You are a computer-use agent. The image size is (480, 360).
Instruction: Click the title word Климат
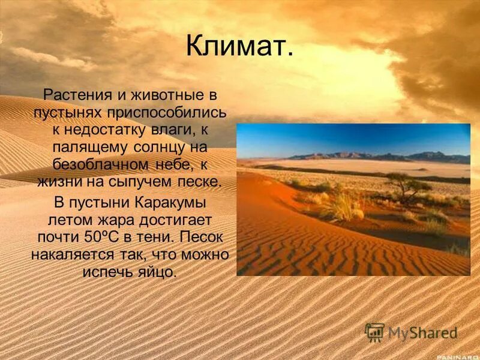click(x=239, y=46)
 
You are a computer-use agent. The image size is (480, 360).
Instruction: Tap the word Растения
click(x=72, y=95)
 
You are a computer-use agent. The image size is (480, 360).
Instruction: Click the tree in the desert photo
click(x=407, y=183)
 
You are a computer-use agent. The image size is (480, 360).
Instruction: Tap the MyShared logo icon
click(x=374, y=332)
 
